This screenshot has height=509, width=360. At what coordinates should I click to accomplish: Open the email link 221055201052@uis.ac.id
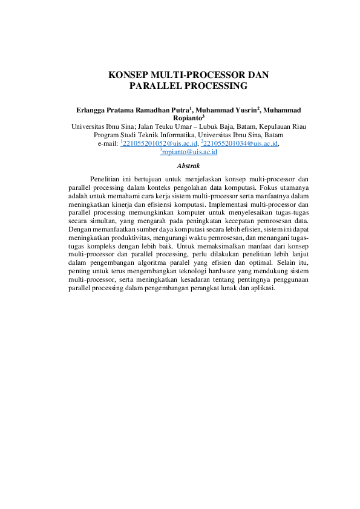point(160,144)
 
